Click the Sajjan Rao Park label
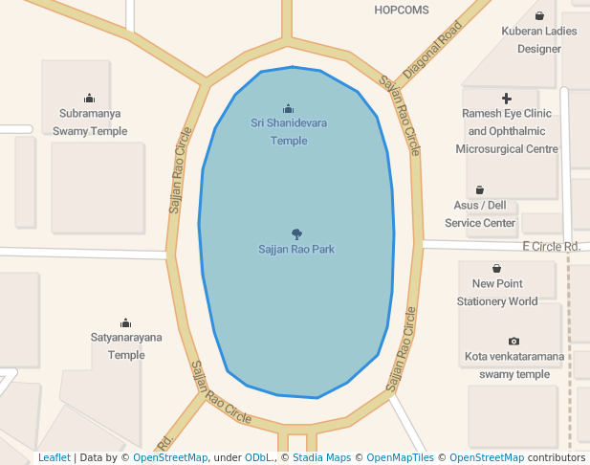[x=296, y=249]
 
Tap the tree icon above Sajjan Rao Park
[x=296, y=233]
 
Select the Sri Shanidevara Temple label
[x=289, y=131]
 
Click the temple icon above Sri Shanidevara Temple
[x=289, y=108]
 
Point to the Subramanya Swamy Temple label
[x=90, y=122]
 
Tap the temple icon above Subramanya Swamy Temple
[x=90, y=98]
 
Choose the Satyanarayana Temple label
[x=126, y=345]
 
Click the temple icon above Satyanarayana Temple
[x=126, y=322]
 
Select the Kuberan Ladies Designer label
[x=539, y=39]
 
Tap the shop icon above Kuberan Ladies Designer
[x=539, y=15]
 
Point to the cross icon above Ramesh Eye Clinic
[x=507, y=99]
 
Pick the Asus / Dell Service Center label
[x=480, y=213]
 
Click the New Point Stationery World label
[x=497, y=292]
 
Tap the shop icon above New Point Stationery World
[x=497, y=268]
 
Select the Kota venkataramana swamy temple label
[x=514, y=365]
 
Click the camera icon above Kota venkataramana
[x=514, y=342]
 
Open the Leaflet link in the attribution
[x=54, y=458]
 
